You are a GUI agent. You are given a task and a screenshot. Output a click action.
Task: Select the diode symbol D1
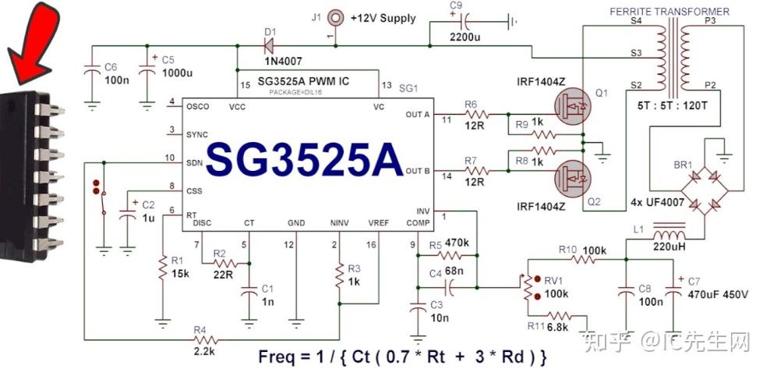tap(270, 44)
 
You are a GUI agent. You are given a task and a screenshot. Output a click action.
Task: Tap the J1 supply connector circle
tap(336, 16)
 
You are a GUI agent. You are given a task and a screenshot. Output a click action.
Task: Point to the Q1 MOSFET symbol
tap(571, 105)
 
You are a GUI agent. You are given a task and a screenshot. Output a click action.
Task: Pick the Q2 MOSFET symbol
tap(571, 177)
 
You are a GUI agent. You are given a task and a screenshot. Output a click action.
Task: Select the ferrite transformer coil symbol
tap(671, 55)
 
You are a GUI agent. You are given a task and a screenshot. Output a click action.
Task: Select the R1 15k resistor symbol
tap(162, 268)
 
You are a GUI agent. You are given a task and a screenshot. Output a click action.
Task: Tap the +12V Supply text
tap(383, 18)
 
